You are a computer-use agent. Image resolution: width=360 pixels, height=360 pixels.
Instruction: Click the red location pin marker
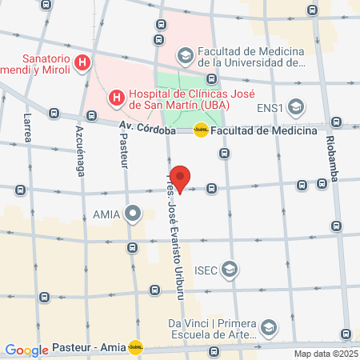pos(181,180)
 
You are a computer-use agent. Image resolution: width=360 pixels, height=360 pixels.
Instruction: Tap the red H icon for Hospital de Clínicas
pos(116,98)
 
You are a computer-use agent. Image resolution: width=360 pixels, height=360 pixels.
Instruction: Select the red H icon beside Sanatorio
pos(81,62)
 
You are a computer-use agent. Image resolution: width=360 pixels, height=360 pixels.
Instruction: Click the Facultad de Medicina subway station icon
pos(202,129)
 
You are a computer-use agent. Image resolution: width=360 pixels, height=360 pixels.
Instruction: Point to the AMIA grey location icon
pos(133,214)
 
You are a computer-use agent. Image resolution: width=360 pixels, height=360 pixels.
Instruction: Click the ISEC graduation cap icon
pos(230,268)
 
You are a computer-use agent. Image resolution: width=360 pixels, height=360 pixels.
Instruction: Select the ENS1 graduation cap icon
pos(296,107)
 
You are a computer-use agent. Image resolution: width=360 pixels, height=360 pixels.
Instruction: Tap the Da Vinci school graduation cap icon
pos(269,327)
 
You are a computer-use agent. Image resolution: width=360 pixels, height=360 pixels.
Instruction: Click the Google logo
pos(26,350)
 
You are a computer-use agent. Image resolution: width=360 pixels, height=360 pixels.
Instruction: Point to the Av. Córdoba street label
pos(147,126)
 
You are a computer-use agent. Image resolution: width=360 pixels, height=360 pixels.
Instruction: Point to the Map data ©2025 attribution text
pos(325,354)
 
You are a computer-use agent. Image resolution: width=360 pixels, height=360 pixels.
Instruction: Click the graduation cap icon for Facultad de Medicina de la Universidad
pos(185,55)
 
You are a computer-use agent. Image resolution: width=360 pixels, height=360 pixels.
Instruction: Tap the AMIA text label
pos(107,214)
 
